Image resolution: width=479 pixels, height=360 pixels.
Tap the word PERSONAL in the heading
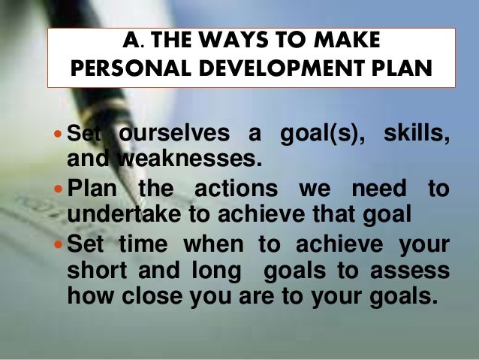(125, 68)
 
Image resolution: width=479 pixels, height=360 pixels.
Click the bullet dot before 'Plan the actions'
(59, 188)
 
